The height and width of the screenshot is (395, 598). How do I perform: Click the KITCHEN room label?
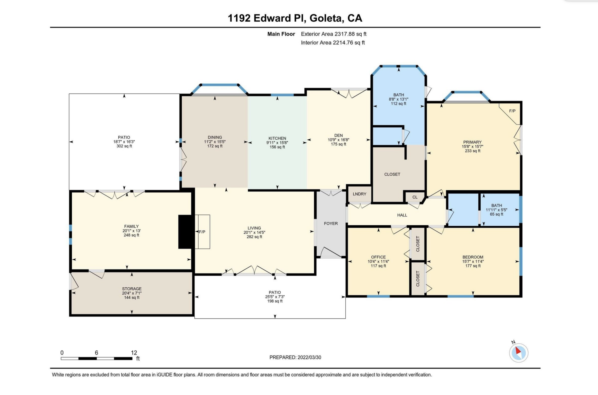coord(277,138)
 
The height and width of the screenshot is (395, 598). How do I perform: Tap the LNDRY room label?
coord(359,194)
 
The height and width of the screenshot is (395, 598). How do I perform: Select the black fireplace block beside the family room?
coord(186,232)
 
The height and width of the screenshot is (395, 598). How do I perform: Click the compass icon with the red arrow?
coord(518,353)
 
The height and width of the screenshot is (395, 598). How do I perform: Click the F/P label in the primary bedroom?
coord(512,111)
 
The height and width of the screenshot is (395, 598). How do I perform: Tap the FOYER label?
coord(331,223)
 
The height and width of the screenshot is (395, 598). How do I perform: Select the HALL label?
coord(402,215)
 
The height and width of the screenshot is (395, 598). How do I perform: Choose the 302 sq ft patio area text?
coord(124,146)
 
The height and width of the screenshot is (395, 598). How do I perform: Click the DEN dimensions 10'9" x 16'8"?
coord(338,140)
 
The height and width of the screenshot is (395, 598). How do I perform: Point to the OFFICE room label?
coord(378,257)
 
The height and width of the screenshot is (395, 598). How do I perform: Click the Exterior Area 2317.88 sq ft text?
coord(333,34)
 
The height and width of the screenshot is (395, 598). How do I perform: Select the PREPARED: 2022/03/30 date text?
coord(295,357)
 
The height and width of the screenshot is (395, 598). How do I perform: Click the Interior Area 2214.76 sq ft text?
coord(333,43)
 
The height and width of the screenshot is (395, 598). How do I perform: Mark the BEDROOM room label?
coord(473,257)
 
